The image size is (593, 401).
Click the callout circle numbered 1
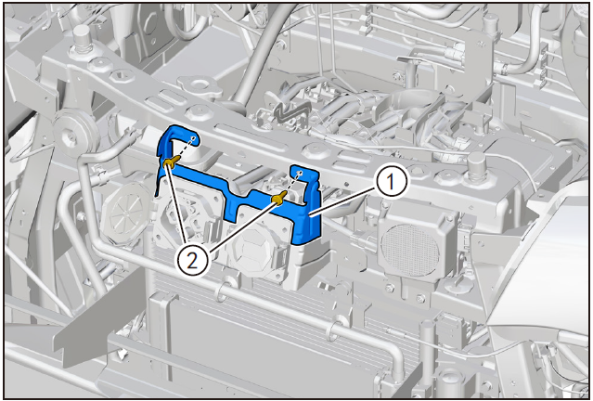click(x=391, y=182)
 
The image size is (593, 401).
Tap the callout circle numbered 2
click(x=192, y=261)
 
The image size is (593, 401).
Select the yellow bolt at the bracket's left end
click(x=170, y=162)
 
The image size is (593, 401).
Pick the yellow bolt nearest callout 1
click(x=279, y=199)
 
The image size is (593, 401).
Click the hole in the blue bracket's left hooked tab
click(x=193, y=138)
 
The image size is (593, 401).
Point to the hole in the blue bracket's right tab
click(x=301, y=173)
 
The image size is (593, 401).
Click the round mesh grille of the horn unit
click(x=409, y=250)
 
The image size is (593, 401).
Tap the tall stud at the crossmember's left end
click(x=83, y=37)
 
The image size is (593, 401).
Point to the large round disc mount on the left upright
click(x=71, y=133)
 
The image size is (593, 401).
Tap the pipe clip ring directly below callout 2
click(x=224, y=291)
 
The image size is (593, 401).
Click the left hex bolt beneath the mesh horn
click(x=389, y=289)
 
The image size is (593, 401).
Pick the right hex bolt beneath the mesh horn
click(x=421, y=299)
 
